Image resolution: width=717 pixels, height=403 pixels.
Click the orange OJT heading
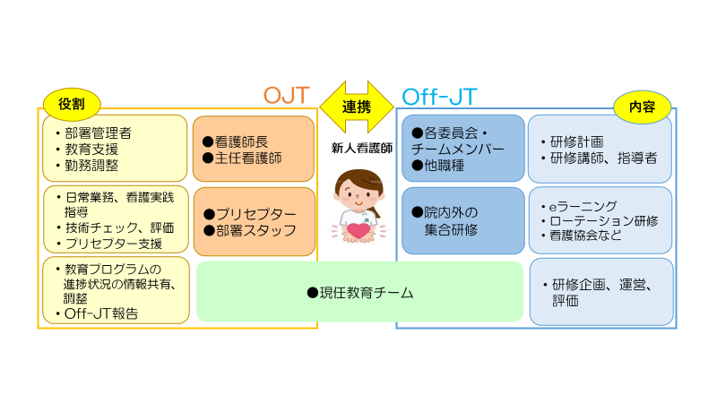pyautogui.click(x=286, y=95)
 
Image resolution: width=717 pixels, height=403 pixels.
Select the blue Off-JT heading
pyautogui.click(x=440, y=95)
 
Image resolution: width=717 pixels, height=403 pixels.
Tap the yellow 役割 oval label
pyautogui.click(x=72, y=102)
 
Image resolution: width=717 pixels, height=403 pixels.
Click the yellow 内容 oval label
pyautogui.click(x=643, y=107)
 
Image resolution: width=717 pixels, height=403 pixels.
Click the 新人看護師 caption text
pyautogui.click(x=356, y=149)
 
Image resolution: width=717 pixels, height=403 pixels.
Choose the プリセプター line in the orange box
pyautogui.click(x=248, y=214)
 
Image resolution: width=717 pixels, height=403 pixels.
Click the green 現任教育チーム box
pyautogui.click(x=358, y=292)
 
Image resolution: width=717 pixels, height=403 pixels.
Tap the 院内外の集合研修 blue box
pyautogui.click(x=462, y=221)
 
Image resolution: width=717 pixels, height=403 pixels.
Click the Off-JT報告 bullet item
pyautogui.click(x=100, y=314)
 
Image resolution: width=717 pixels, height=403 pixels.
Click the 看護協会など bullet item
pyautogui.click(x=589, y=236)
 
